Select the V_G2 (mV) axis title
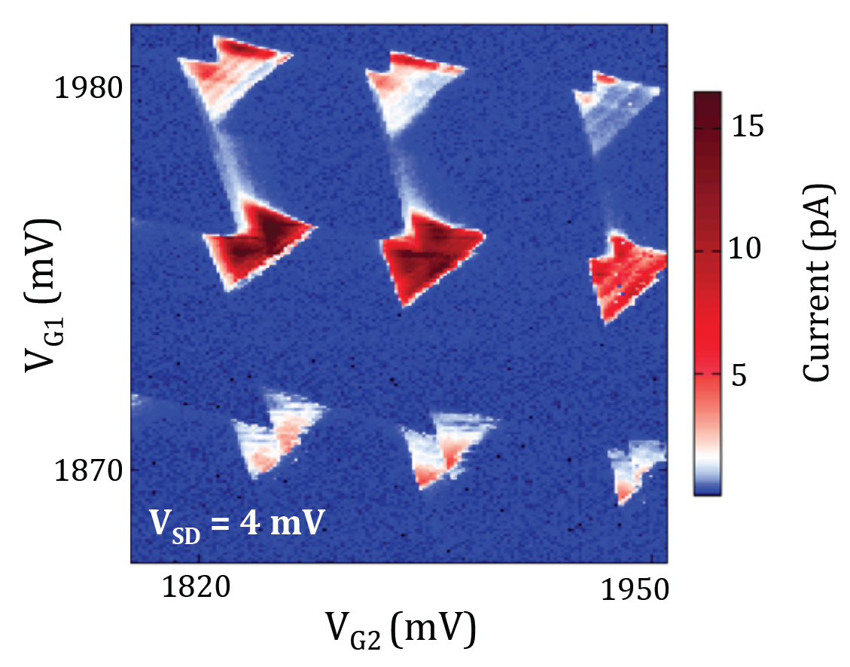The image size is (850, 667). pos(400,629)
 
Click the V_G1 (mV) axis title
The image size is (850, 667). pos(41,294)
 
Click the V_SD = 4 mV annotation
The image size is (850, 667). pos(236,522)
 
